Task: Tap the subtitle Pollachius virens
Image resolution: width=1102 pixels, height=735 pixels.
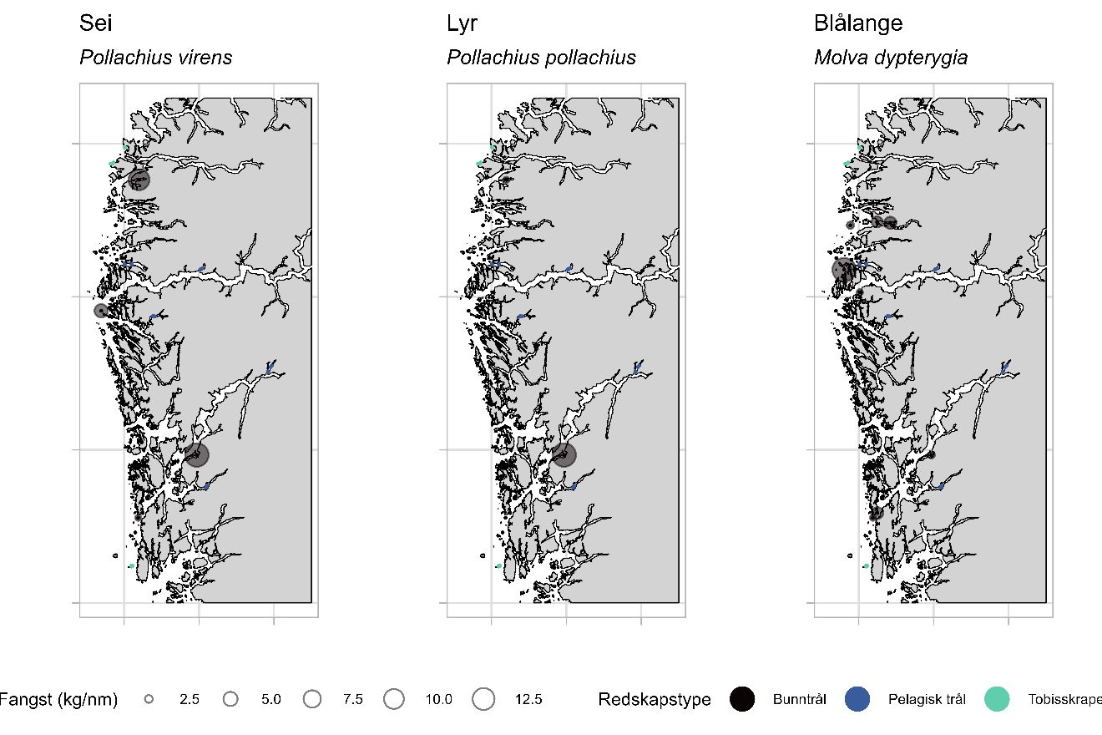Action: coord(155,58)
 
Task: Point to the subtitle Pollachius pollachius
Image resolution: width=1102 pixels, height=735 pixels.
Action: coord(541,58)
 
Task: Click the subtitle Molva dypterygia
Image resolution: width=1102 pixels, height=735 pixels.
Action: coord(891,58)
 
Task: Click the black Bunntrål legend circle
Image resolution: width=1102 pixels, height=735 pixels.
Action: coord(742,699)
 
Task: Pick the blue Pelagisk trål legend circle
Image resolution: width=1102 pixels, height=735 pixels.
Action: coord(857,699)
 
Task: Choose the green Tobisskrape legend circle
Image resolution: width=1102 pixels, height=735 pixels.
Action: coord(997,699)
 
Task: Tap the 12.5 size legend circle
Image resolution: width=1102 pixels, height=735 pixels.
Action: coord(484,699)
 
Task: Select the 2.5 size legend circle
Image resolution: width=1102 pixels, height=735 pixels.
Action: coord(149,699)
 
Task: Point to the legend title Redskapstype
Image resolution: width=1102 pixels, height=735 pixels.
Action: coord(655,699)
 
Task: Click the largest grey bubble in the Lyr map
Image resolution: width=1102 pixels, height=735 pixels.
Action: coord(564,455)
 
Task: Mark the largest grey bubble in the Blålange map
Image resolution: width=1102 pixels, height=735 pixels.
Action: coord(843,269)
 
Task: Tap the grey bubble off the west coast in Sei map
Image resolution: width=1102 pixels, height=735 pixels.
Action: coord(101,311)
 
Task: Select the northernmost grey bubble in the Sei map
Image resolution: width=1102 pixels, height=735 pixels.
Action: coord(139,180)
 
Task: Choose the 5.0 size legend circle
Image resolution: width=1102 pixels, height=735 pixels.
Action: coord(231,699)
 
